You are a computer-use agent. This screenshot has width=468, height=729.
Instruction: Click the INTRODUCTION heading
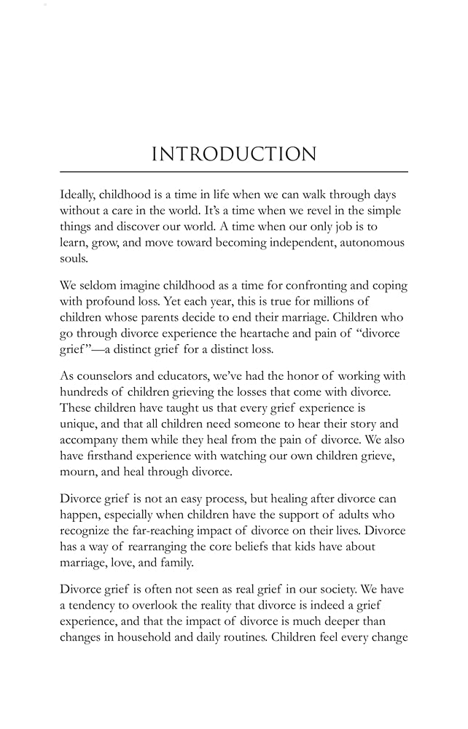coord(234,155)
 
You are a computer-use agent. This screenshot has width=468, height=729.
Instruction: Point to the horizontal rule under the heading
coord(234,171)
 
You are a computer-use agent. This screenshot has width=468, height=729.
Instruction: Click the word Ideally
coord(78,195)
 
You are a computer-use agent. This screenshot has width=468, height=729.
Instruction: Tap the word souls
coord(74,258)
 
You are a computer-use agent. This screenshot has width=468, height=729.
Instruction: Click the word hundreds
coord(86,392)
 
